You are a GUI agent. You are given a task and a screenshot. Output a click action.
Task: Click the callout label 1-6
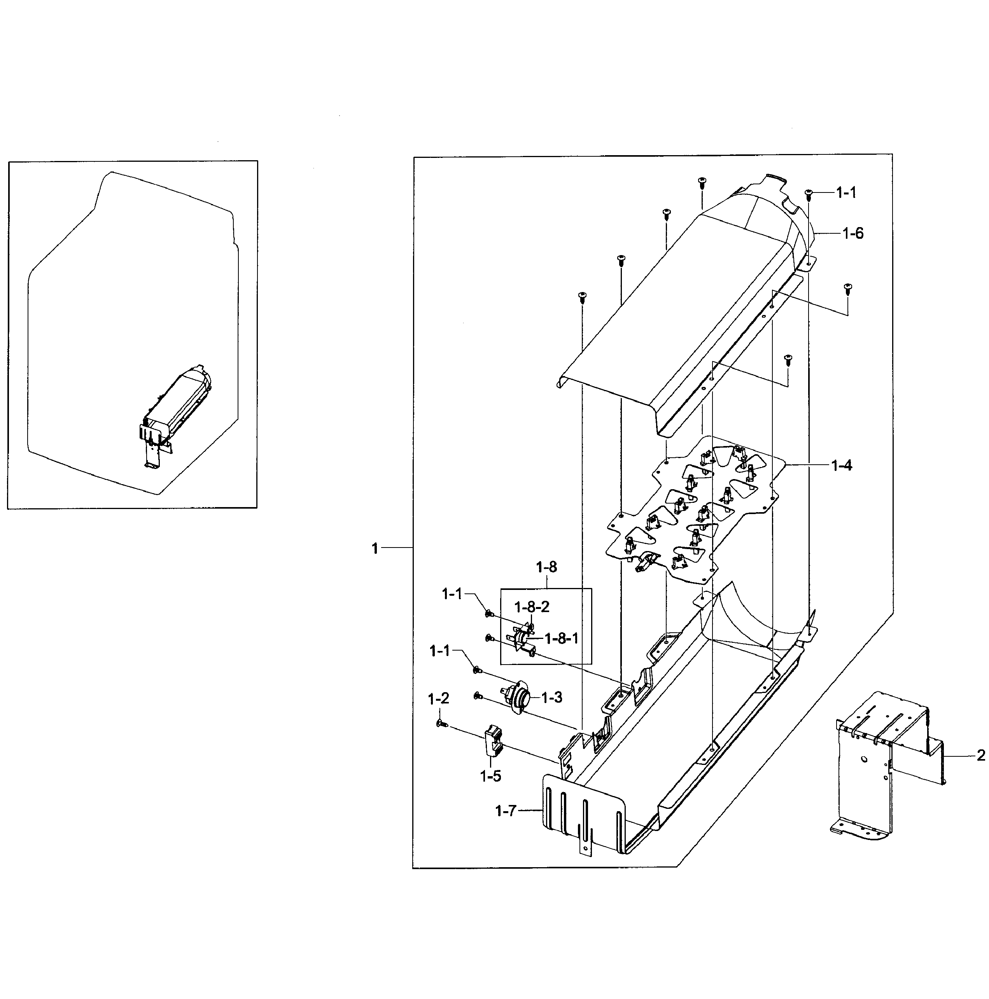pyautogui.click(x=852, y=234)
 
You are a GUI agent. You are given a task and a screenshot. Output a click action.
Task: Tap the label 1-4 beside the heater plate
pyautogui.click(x=841, y=465)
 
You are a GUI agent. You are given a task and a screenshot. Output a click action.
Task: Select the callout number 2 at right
pyautogui.click(x=981, y=756)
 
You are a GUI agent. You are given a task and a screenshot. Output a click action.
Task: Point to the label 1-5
pyautogui.click(x=490, y=776)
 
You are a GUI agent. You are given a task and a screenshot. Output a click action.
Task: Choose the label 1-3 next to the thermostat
pyautogui.click(x=551, y=698)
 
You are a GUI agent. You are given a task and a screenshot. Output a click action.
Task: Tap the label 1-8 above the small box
pyautogui.click(x=546, y=567)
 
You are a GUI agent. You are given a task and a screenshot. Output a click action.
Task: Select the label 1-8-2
pyautogui.click(x=532, y=607)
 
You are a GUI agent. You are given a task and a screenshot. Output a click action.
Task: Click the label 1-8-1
pyautogui.click(x=561, y=639)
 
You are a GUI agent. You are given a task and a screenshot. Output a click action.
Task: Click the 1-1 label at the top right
pyautogui.click(x=846, y=193)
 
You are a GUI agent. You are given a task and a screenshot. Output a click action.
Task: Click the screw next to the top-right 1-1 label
pyautogui.click(x=809, y=194)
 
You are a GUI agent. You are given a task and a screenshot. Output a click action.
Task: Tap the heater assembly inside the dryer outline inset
pyautogui.click(x=179, y=403)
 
